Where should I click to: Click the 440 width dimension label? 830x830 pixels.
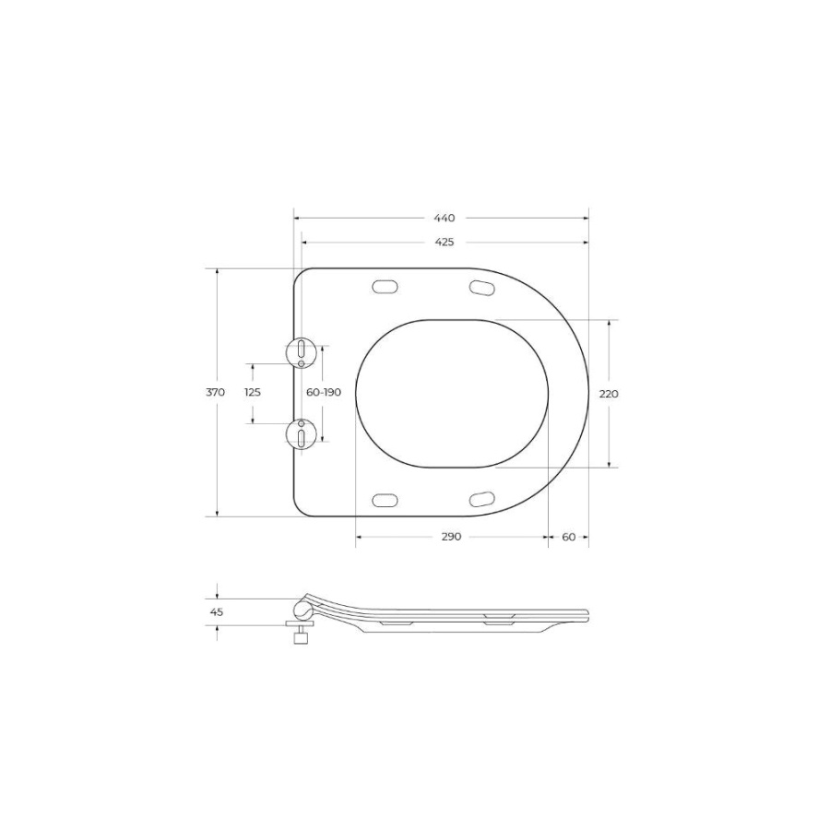click(x=445, y=218)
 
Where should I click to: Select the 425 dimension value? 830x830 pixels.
click(x=445, y=242)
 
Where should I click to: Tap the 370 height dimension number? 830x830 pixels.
click(x=216, y=392)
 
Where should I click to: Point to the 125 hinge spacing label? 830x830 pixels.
click(x=253, y=392)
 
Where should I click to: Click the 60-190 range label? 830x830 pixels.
click(x=324, y=392)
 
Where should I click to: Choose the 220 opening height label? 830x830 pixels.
click(x=609, y=394)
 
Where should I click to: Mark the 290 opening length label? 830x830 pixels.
click(x=451, y=537)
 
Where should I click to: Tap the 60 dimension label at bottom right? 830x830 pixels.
click(x=568, y=537)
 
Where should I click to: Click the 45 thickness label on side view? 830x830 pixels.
click(x=217, y=612)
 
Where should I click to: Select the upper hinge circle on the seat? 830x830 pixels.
click(x=301, y=353)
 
